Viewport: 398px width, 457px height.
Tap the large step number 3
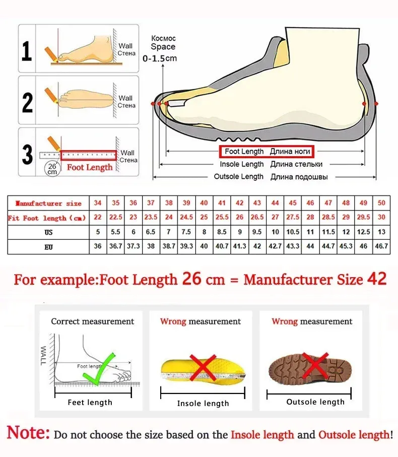pos(28,154)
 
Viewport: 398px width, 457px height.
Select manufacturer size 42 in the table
pos(240,203)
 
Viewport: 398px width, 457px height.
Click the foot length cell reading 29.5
pos(363,218)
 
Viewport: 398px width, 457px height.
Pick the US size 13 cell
pos(381,232)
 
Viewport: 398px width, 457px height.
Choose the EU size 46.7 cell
pos(381,246)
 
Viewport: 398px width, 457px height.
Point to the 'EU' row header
pos(48,247)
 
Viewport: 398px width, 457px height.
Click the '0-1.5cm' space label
pos(160,58)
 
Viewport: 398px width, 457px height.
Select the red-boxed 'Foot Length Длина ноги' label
pos(267,152)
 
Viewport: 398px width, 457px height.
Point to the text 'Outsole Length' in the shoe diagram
pos(238,177)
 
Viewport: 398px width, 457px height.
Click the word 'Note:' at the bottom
pos(28,433)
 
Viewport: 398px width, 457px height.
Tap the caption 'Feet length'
pos(90,402)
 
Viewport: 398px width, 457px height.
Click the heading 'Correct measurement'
pos(92,321)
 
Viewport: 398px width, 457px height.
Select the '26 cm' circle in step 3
pos(52,168)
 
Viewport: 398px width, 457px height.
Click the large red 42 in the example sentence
pos(376,279)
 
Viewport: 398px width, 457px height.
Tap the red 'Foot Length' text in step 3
pos(90,167)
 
